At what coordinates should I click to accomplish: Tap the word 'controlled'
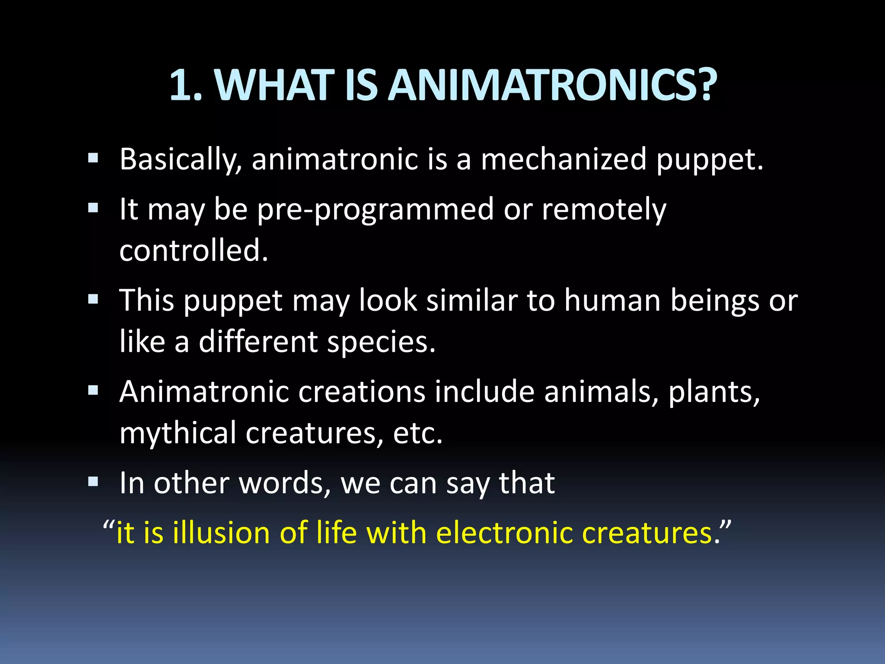point(193,250)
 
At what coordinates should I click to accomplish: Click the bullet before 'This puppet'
point(93,299)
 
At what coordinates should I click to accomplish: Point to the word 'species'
point(380,342)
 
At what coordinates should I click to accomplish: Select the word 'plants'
point(713,393)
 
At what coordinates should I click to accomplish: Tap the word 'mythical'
point(178,434)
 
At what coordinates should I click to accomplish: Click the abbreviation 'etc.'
point(417,434)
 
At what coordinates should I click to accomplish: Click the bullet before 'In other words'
point(93,482)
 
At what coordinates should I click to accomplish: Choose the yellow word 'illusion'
point(221,532)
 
